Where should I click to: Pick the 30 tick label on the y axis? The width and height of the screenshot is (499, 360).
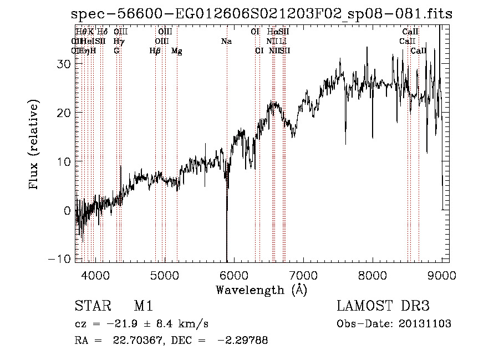64,64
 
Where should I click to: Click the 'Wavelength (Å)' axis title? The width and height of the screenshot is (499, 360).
261,290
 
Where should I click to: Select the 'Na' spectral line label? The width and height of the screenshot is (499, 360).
226,41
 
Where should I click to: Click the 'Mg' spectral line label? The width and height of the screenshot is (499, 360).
177,51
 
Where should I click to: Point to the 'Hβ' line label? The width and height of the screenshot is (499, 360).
155,51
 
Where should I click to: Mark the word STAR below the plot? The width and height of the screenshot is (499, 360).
91,306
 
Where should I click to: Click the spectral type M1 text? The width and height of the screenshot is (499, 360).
144,306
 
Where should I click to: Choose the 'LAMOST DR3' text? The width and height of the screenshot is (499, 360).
383,306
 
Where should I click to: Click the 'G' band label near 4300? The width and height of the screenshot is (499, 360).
116,51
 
